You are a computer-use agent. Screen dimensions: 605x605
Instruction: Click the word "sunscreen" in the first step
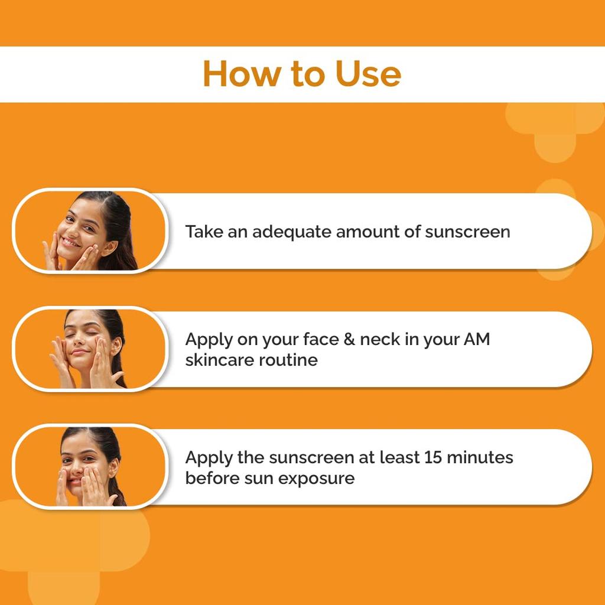click(467, 232)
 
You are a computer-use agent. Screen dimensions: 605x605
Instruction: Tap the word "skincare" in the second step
click(216, 360)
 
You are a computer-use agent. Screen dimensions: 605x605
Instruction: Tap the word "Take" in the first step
click(204, 232)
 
